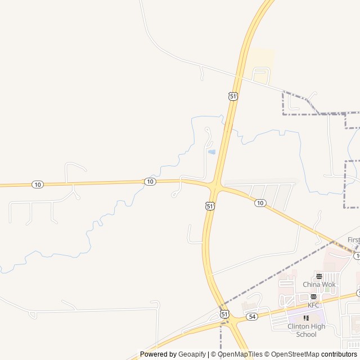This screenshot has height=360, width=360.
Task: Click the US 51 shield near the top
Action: (x=233, y=96)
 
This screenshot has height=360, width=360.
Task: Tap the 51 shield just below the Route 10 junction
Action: (x=210, y=206)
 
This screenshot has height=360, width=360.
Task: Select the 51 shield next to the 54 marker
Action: (x=224, y=314)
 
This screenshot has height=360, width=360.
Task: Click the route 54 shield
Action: (x=252, y=317)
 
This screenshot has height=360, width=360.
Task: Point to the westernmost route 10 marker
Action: (x=37, y=184)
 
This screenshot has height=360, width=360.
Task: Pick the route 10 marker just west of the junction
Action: (x=150, y=181)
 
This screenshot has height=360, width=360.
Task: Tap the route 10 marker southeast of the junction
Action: (x=259, y=202)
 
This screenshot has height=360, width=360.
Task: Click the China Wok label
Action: (x=319, y=285)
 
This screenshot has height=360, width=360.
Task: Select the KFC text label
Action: (x=313, y=305)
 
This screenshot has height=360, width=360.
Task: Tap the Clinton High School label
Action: (x=306, y=330)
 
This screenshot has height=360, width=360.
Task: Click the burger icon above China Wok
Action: (x=319, y=276)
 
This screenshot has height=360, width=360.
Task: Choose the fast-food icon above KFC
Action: (x=313, y=297)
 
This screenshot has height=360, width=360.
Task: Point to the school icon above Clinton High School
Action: (x=306, y=318)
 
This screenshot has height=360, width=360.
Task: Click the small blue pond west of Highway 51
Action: (x=211, y=152)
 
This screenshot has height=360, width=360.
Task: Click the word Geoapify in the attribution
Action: (x=192, y=354)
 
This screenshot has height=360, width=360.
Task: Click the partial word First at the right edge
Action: (x=353, y=240)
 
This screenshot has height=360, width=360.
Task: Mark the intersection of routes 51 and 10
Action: (x=215, y=186)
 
